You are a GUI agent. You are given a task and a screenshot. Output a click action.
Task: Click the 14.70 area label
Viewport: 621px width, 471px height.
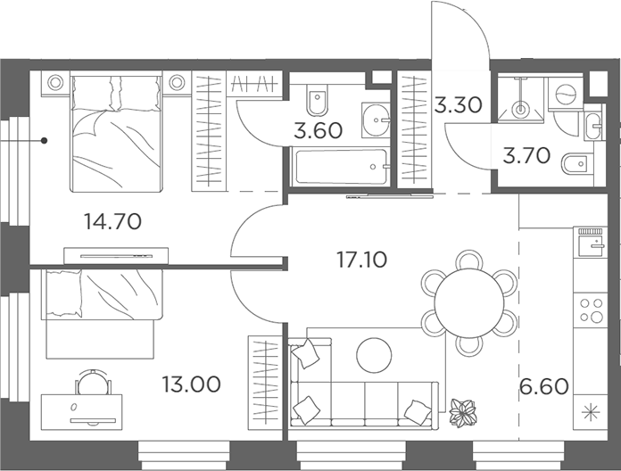(x=113, y=221)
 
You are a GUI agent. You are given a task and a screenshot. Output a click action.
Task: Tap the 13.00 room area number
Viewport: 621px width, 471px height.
(x=191, y=384)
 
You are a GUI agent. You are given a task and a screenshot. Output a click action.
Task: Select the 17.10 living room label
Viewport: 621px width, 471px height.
(x=361, y=260)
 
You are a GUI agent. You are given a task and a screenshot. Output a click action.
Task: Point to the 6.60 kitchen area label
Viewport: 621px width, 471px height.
(x=544, y=386)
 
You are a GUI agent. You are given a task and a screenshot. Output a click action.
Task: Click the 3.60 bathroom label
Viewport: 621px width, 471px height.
(x=318, y=130)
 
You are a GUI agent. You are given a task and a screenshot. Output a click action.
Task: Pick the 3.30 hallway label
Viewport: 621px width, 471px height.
(x=459, y=105)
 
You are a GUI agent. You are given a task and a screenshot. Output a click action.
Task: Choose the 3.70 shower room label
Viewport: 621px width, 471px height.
(x=526, y=155)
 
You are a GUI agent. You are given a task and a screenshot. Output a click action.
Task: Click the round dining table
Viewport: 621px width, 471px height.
(x=469, y=303)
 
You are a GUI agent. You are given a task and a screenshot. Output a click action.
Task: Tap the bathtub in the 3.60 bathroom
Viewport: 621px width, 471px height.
(x=340, y=167)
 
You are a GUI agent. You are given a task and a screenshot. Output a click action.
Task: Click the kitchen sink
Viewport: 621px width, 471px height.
(x=591, y=245)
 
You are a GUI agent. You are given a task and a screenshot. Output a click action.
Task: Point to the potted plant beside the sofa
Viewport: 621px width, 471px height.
(x=462, y=413)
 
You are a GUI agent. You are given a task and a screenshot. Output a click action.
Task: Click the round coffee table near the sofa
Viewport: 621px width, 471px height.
(x=374, y=355)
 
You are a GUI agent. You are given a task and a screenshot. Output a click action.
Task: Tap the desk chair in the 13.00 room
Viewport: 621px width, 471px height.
(x=93, y=382)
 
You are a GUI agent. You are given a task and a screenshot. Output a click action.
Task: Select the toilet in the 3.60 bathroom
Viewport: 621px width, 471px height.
(x=318, y=99)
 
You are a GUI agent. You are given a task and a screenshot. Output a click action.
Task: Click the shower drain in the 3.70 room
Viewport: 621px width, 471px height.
(x=520, y=109)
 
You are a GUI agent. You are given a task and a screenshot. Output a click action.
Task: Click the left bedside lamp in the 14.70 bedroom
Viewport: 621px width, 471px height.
(x=55, y=82)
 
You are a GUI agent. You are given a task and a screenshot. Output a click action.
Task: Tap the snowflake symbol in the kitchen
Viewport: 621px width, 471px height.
(x=591, y=413)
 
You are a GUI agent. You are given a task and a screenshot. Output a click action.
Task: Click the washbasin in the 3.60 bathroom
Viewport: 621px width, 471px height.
(x=376, y=120)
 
